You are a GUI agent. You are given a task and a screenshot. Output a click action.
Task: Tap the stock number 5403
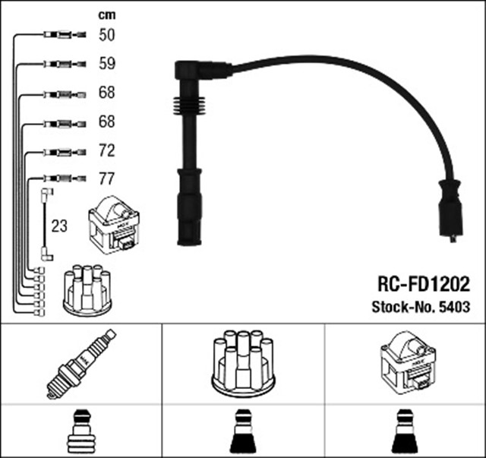[x=453, y=307]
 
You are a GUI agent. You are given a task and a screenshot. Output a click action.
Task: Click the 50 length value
[x=106, y=35]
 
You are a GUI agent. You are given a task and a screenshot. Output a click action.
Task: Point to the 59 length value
[x=106, y=64]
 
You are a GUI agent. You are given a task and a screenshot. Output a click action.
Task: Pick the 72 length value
[x=106, y=151]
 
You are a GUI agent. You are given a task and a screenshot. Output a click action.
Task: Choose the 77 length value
[x=106, y=180]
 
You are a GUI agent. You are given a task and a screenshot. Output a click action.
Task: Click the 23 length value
[x=58, y=226]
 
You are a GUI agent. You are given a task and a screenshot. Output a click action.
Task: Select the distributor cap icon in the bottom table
[x=242, y=364]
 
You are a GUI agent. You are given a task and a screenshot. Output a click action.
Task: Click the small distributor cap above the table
[x=87, y=290]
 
